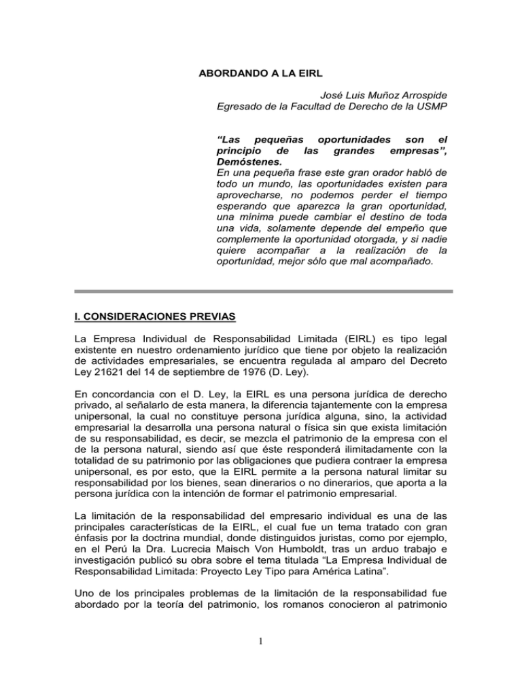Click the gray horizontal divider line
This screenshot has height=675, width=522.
[x=260, y=291]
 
